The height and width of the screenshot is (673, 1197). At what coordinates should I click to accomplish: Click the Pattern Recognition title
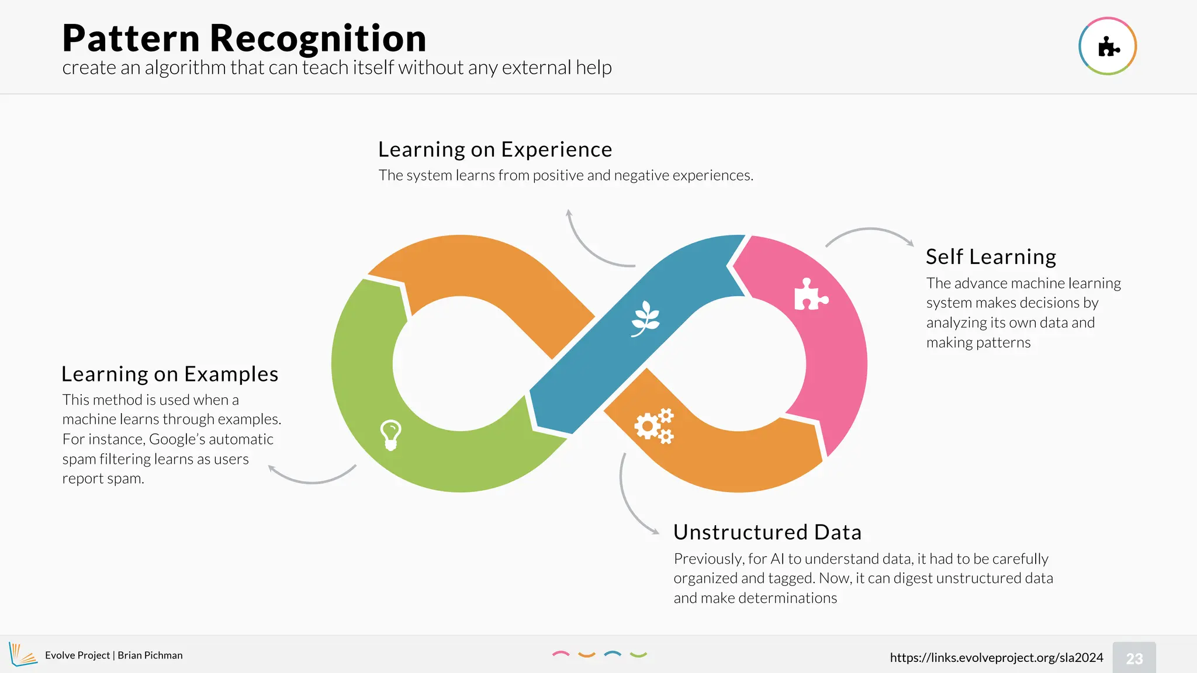coord(244,39)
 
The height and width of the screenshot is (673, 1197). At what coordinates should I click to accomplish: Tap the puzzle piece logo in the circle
coord(1108,47)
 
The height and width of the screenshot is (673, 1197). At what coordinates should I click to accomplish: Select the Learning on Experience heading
coord(495,150)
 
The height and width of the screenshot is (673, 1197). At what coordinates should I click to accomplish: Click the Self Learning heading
coord(991,257)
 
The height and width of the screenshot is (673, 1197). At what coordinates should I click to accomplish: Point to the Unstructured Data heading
coord(767,532)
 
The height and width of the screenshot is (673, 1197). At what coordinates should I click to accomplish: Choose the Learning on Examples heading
coord(169,374)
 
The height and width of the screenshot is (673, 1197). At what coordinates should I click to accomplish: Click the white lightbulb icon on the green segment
coord(390,435)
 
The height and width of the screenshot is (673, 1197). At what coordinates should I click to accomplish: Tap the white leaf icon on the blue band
coord(645,318)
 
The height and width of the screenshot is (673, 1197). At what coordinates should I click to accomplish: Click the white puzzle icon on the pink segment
coord(811,294)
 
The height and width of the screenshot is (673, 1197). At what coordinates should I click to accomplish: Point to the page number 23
coord(1134,658)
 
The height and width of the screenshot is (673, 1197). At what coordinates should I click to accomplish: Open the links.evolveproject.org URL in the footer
coord(997,658)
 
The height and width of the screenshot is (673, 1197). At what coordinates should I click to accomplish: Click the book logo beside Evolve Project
coord(22,654)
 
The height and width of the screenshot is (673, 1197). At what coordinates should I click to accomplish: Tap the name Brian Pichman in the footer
coord(150,655)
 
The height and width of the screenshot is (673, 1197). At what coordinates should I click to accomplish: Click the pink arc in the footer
coord(561,654)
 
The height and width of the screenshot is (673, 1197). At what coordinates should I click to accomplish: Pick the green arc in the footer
coord(638,655)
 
